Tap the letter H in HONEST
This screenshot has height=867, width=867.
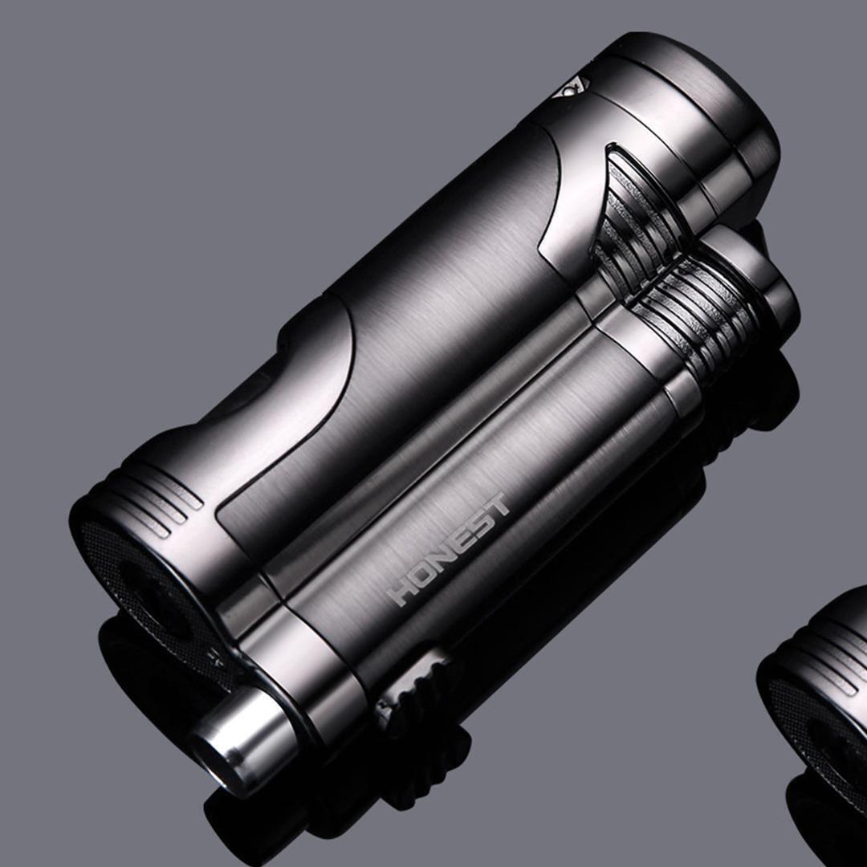click(x=401, y=592)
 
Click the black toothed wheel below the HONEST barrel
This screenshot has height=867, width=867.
click(x=417, y=690)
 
